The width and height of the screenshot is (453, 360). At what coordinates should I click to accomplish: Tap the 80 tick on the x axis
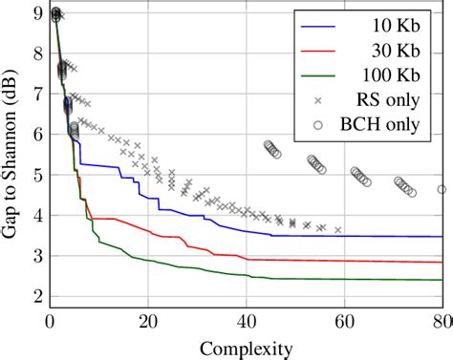pyautogui.click(x=442, y=323)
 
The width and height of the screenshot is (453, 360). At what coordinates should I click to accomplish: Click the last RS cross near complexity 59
pyautogui.click(x=337, y=230)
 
